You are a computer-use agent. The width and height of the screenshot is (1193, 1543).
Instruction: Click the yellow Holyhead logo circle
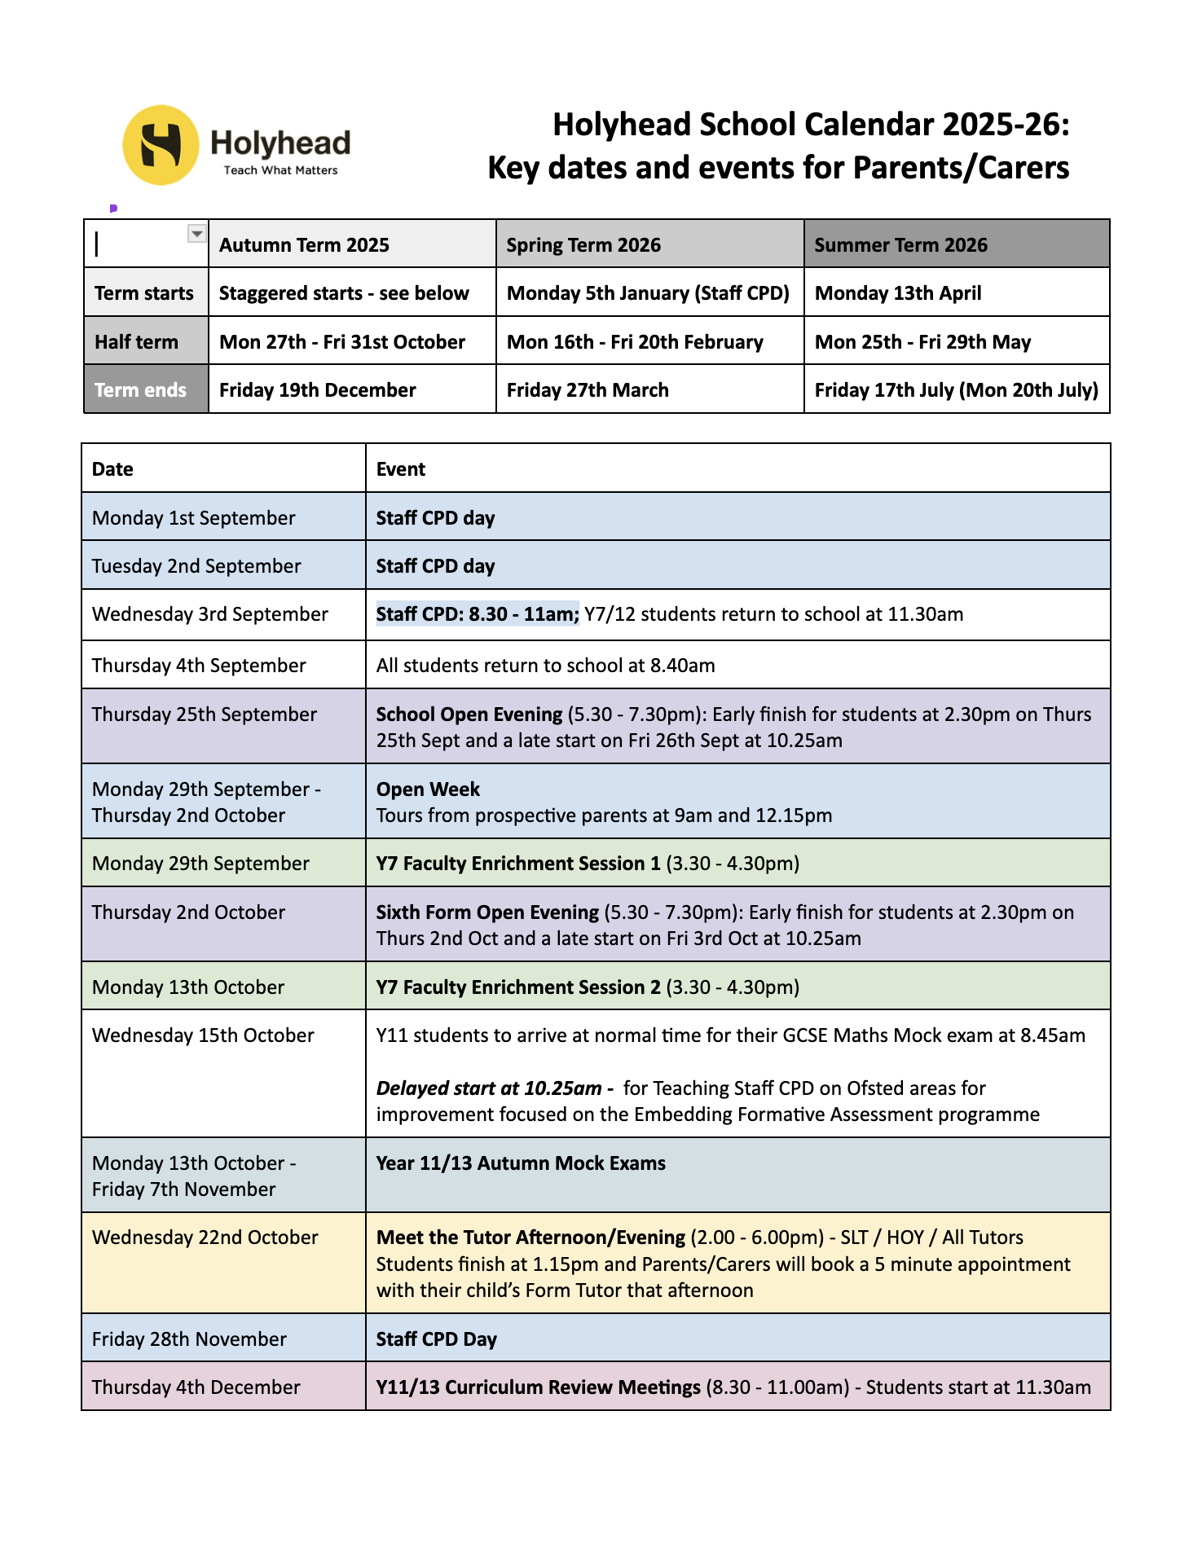coord(161,145)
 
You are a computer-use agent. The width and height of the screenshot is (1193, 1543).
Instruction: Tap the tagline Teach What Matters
coord(280,170)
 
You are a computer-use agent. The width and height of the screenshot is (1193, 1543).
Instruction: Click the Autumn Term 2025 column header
coord(304,245)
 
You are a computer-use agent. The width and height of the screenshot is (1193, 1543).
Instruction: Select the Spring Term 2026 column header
coord(583,245)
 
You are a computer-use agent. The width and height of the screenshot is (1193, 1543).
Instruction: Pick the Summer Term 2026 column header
coord(900,245)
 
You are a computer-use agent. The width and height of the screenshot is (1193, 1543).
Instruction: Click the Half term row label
coord(136,342)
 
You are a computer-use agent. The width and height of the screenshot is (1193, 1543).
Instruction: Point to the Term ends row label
coord(140,390)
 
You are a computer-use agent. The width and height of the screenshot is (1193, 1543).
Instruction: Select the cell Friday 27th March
coord(588,390)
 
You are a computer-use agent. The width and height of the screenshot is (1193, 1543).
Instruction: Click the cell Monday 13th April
coord(898,293)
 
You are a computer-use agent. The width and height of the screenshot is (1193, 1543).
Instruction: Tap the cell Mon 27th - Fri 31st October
coord(342,342)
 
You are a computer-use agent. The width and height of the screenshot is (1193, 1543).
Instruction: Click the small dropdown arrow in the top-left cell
coord(196,234)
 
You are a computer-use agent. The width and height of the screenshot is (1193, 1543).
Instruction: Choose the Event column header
coord(400,469)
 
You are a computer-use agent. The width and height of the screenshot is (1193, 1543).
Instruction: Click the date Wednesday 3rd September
coord(210,614)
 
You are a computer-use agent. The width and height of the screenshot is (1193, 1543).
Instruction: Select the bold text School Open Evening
coord(469,714)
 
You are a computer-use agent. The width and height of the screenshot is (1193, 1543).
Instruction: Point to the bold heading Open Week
coord(428,789)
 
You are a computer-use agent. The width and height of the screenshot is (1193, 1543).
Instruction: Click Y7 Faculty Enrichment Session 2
coord(518,987)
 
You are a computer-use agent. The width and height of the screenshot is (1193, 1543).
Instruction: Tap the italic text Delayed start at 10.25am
coord(489,1088)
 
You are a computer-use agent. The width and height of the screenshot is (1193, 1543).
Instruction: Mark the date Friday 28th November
coord(189,1339)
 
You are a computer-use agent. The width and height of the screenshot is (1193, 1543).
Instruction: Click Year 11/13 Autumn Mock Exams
coord(521,1163)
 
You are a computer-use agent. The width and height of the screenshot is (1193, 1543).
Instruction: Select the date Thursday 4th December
coord(196,1387)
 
